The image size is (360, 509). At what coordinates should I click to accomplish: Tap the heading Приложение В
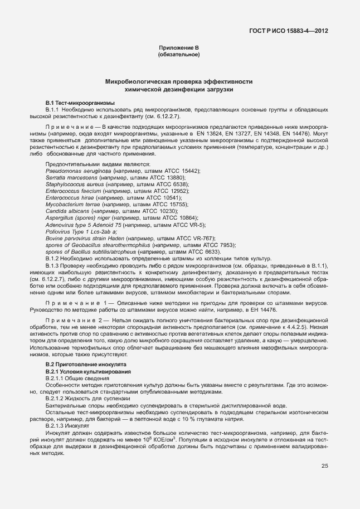[x=179, y=49]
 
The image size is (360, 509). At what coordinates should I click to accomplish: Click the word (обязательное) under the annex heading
[x=179, y=55]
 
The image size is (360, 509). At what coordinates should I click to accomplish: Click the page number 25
[x=324, y=466]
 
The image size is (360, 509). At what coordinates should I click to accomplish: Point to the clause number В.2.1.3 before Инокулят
[x=56, y=424]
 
